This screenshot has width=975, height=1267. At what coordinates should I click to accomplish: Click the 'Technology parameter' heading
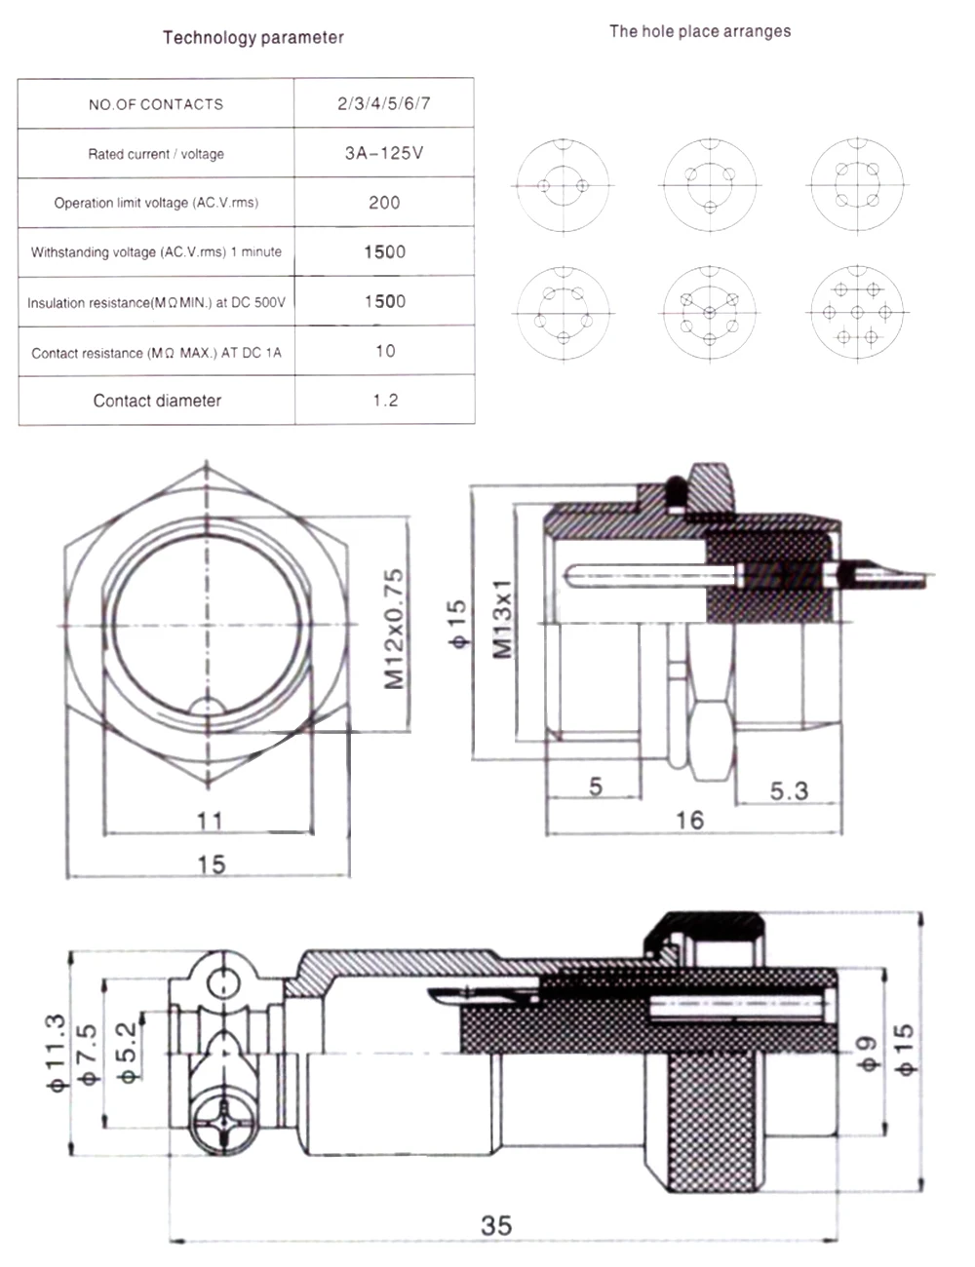(x=253, y=38)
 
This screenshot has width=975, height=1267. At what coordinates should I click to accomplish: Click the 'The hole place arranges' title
(x=699, y=31)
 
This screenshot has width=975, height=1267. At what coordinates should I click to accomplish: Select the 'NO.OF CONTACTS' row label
(x=156, y=104)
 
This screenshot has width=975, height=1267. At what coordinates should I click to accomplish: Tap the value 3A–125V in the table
(x=384, y=153)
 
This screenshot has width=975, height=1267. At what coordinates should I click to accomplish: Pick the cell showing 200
(x=384, y=203)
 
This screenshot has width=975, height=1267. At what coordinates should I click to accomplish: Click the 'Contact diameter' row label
(x=157, y=401)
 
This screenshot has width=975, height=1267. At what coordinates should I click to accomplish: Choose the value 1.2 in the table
(x=385, y=401)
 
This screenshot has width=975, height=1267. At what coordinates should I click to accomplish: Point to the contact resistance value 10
(x=385, y=351)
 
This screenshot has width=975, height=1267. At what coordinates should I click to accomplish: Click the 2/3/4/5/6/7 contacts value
(x=384, y=104)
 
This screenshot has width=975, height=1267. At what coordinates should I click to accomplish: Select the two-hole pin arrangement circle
(x=564, y=185)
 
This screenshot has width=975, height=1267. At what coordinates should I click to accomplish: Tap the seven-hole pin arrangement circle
(x=856, y=312)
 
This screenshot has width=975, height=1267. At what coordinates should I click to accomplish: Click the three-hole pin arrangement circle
(x=711, y=185)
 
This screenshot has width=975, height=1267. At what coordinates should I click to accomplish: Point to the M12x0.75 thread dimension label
(x=393, y=630)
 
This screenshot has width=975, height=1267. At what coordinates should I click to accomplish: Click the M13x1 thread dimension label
(x=502, y=619)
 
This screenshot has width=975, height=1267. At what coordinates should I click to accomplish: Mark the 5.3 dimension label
(x=789, y=790)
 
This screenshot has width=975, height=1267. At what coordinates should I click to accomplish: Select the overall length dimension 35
(x=496, y=1225)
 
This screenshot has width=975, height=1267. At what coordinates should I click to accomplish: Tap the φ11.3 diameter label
(x=56, y=1053)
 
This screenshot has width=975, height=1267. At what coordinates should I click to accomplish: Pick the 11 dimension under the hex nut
(x=210, y=821)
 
